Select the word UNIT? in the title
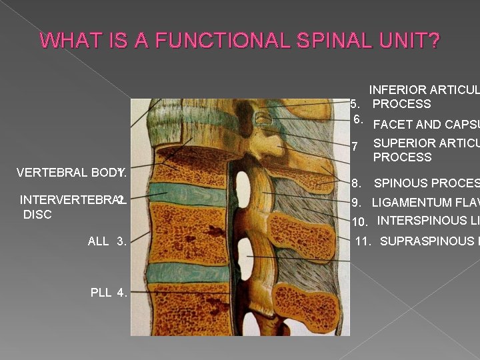413,41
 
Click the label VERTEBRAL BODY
66,173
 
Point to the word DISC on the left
37,215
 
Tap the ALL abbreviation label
98,241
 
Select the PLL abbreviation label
101,291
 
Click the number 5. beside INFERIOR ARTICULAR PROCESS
356,104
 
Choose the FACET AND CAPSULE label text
426,125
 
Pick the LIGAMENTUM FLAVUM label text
425,203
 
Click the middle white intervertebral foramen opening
246,251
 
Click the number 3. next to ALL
121,241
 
